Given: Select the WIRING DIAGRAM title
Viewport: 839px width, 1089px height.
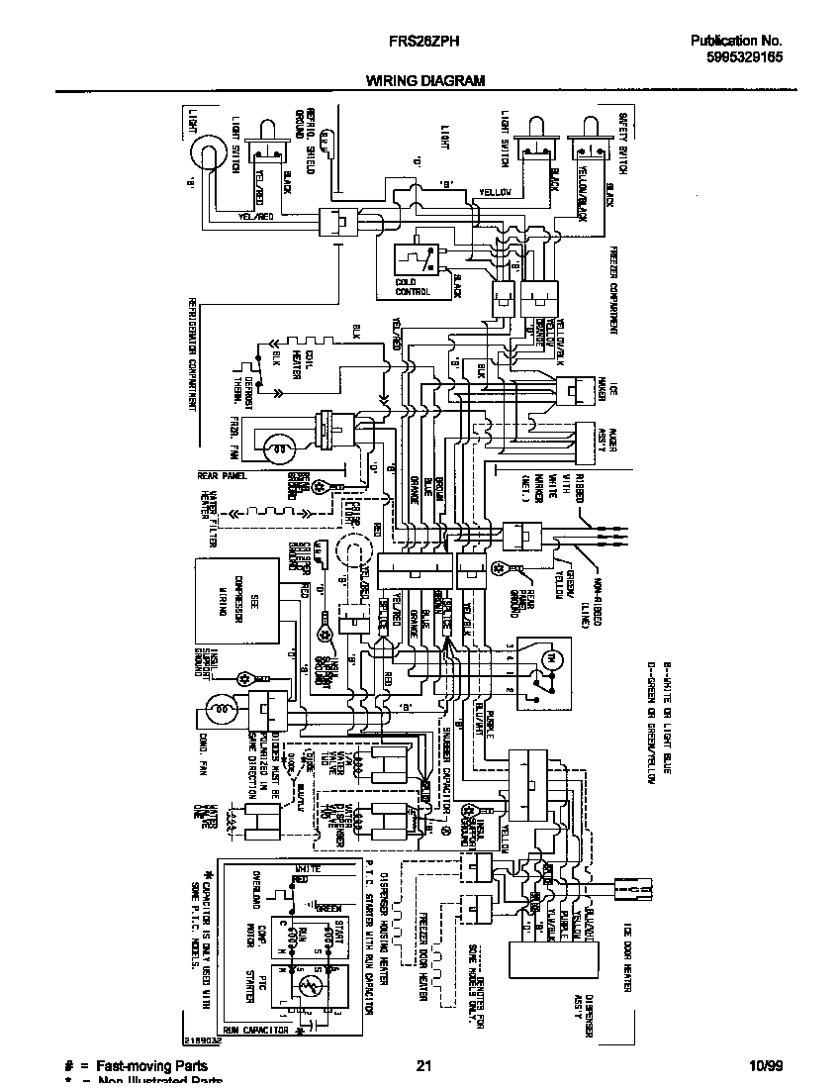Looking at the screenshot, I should pyautogui.click(x=425, y=81).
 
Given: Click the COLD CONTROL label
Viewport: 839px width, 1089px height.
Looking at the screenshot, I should pyautogui.click(x=413, y=288).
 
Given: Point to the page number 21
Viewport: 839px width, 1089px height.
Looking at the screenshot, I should pyautogui.click(x=423, y=1066).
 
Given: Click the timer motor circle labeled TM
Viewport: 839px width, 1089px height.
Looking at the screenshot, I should pyautogui.click(x=554, y=658).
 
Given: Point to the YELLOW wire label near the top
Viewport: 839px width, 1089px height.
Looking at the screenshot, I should pyautogui.click(x=495, y=192).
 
